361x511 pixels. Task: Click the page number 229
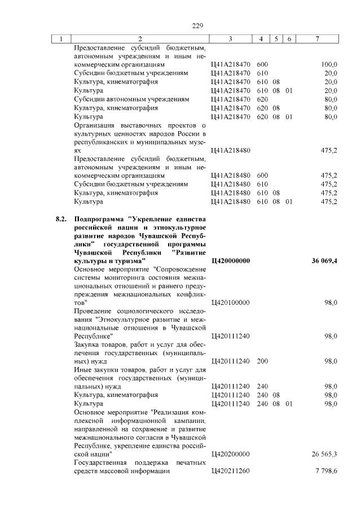coord(197,25)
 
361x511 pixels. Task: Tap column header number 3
coord(231,38)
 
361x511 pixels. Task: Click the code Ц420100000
coord(230,303)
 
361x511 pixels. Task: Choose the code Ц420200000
coord(230,453)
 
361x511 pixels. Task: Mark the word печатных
coord(189,462)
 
